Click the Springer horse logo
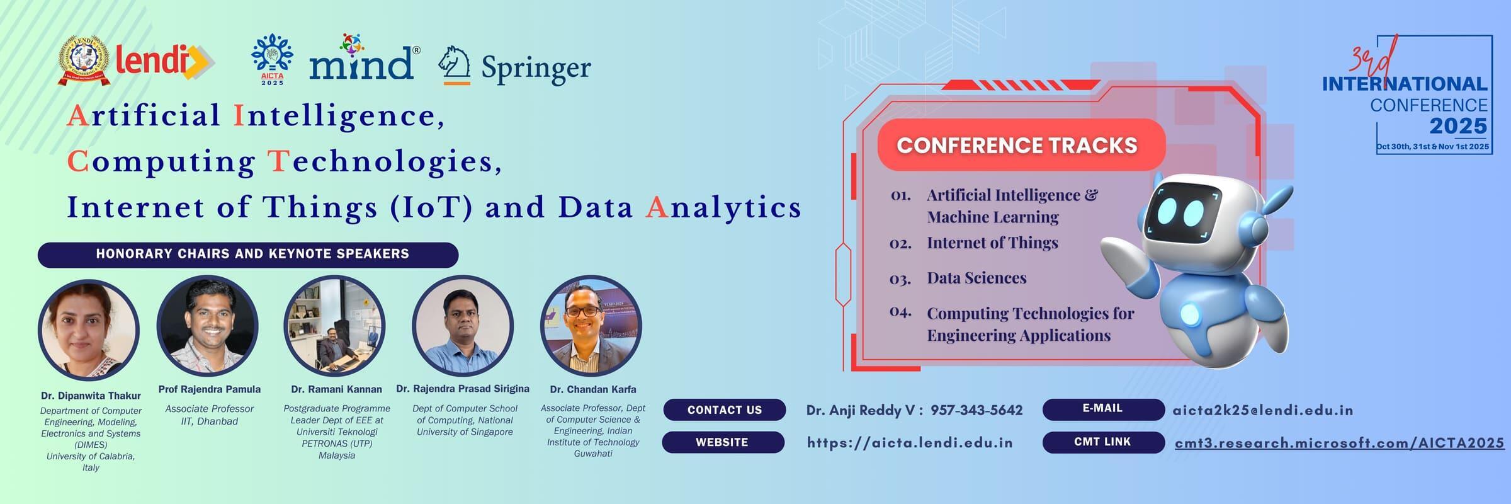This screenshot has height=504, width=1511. pyautogui.click(x=455, y=66)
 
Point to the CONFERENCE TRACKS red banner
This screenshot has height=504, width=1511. pyautogui.click(x=1021, y=145)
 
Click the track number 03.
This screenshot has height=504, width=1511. pyautogui.click(x=900, y=278)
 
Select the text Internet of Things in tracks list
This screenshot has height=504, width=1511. pyautogui.click(x=992, y=243)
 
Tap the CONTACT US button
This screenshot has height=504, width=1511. pyautogui.click(x=725, y=410)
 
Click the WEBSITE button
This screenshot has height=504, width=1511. pyautogui.click(x=723, y=442)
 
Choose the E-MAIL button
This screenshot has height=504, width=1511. pyautogui.click(x=1103, y=409)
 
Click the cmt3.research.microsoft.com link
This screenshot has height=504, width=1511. pyautogui.click(x=1339, y=444)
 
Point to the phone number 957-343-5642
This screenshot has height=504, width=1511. pyautogui.click(x=976, y=410)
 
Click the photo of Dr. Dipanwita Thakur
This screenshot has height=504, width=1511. pyautogui.click(x=89, y=330)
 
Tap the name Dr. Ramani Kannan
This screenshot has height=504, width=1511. pyautogui.click(x=336, y=389)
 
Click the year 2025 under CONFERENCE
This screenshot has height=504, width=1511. pyautogui.click(x=1458, y=126)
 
